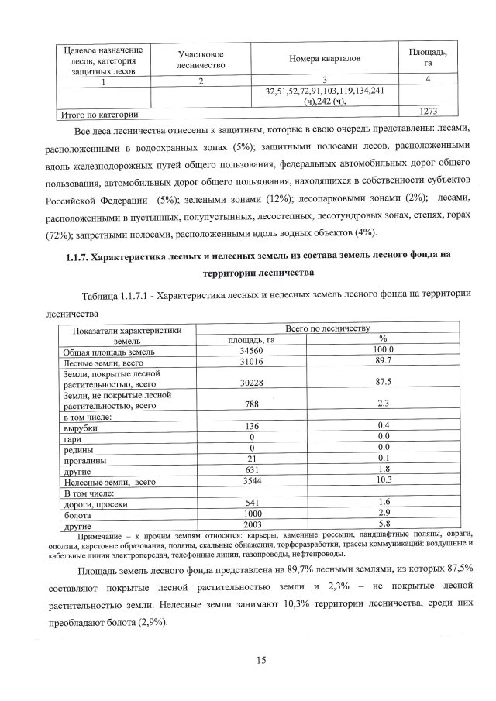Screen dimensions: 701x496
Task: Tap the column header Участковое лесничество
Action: click(x=201, y=60)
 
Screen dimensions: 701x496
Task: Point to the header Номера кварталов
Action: click(x=325, y=60)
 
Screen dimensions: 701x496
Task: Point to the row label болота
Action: click(x=78, y=514)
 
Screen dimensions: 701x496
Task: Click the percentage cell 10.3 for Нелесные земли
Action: click(x=383, y=481)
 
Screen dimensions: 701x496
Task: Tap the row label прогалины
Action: click(x=84, y=459)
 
